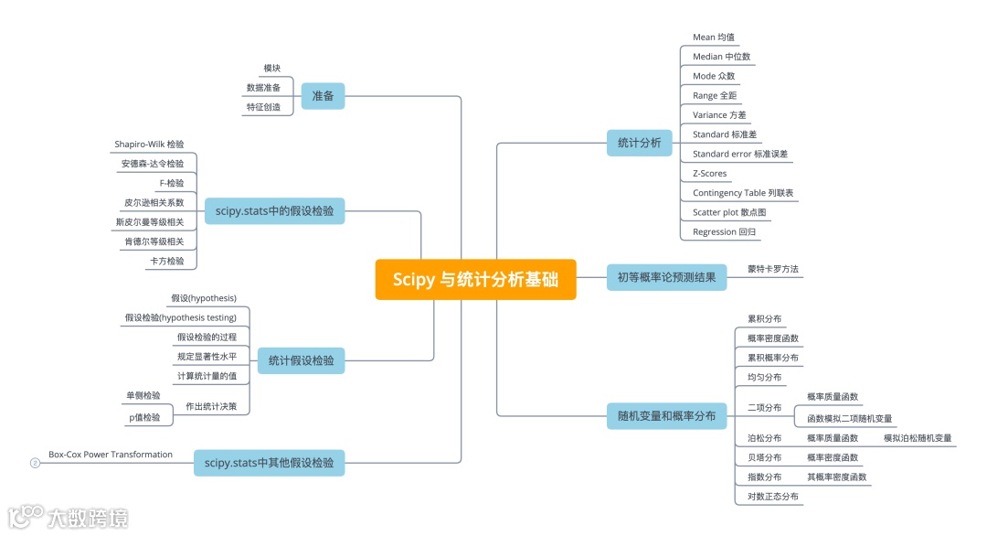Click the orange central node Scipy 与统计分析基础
[475, 279]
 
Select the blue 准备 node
[323, 95]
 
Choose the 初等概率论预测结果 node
[666, 276]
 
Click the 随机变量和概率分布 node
[666, 416]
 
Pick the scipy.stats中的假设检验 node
[275, 211]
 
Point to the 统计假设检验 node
[301, 360]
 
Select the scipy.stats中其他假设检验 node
[270, 463]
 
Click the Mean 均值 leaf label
[714, 38]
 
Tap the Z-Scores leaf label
[710, 173]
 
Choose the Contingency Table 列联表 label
[743, 193]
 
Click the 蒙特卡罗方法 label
[773, 269]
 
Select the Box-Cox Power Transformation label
[111, 455]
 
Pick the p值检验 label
[143, 417]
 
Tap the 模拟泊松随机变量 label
[918, 438]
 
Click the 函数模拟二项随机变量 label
[849, 418]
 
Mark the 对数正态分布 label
[773, 497]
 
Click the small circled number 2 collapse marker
[35, 463]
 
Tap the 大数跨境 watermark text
[88, 518]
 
